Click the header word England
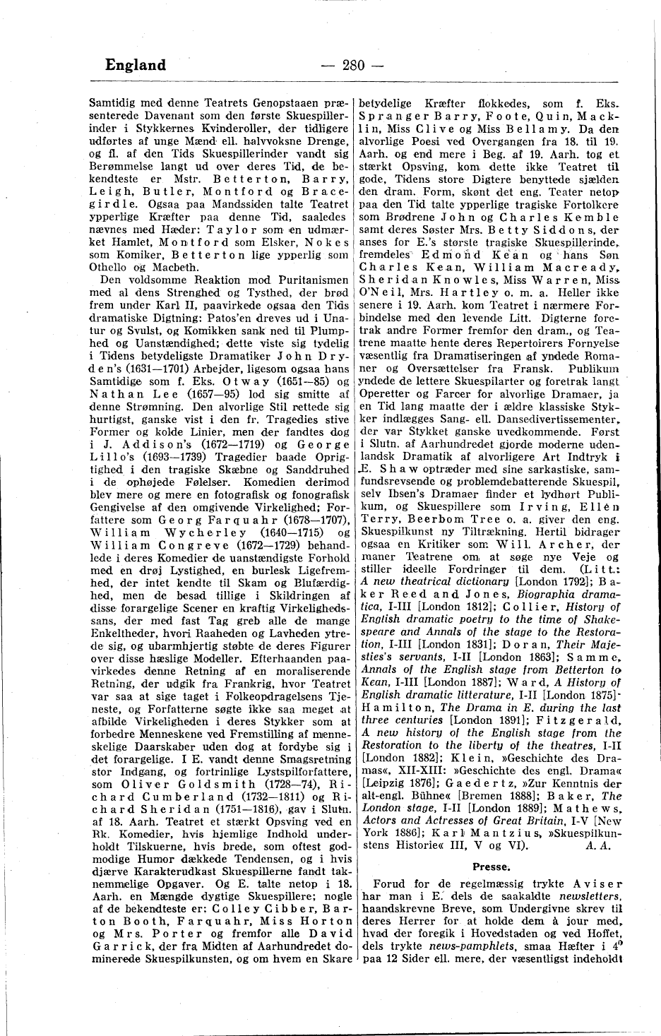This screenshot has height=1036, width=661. (x=135, y=66)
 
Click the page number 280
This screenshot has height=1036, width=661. (x=351, y=66)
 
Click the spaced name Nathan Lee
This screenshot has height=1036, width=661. (x=131, y=394)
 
